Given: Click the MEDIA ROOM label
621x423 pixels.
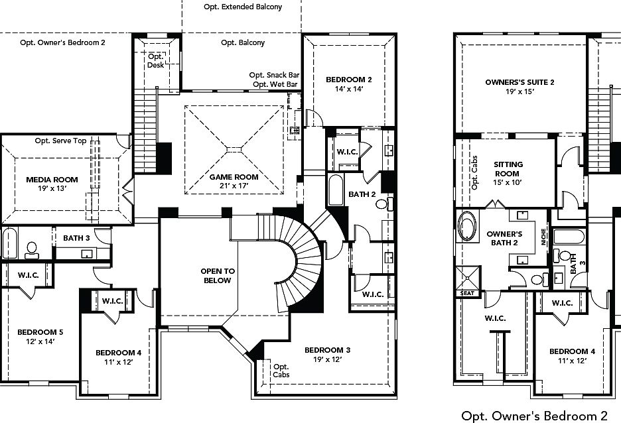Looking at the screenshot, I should pyautogui.click(x=52, y=179).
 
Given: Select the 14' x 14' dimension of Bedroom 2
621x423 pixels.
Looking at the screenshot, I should pyautogui.click(x=348, y=89).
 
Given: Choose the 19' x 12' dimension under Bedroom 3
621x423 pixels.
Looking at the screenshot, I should pyautogui.click(x=327, y=360).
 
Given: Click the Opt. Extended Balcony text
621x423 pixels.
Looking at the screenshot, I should pyautogui.click(x=243, y=7).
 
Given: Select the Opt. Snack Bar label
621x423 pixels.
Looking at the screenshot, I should pyautogui.click(x=274, y=75).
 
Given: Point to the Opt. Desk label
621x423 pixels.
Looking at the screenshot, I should pyautogui.click(x=155, y=60).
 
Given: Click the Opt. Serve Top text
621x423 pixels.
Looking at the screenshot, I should pyautogui.click(x=60, y=141).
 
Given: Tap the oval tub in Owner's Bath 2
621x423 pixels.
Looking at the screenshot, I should pyautogui.click(x=468, y=226).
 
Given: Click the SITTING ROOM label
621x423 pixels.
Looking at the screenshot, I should pyautogui.click(x=509, y=168).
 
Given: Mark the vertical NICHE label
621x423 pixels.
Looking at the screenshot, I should pyautogui.click(x=543, y=237).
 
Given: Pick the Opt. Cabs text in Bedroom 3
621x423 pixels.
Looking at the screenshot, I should pyautogui.click(x=281, y=371).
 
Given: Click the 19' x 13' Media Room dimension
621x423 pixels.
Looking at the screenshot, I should pyautogui.click(x=52, y=189).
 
